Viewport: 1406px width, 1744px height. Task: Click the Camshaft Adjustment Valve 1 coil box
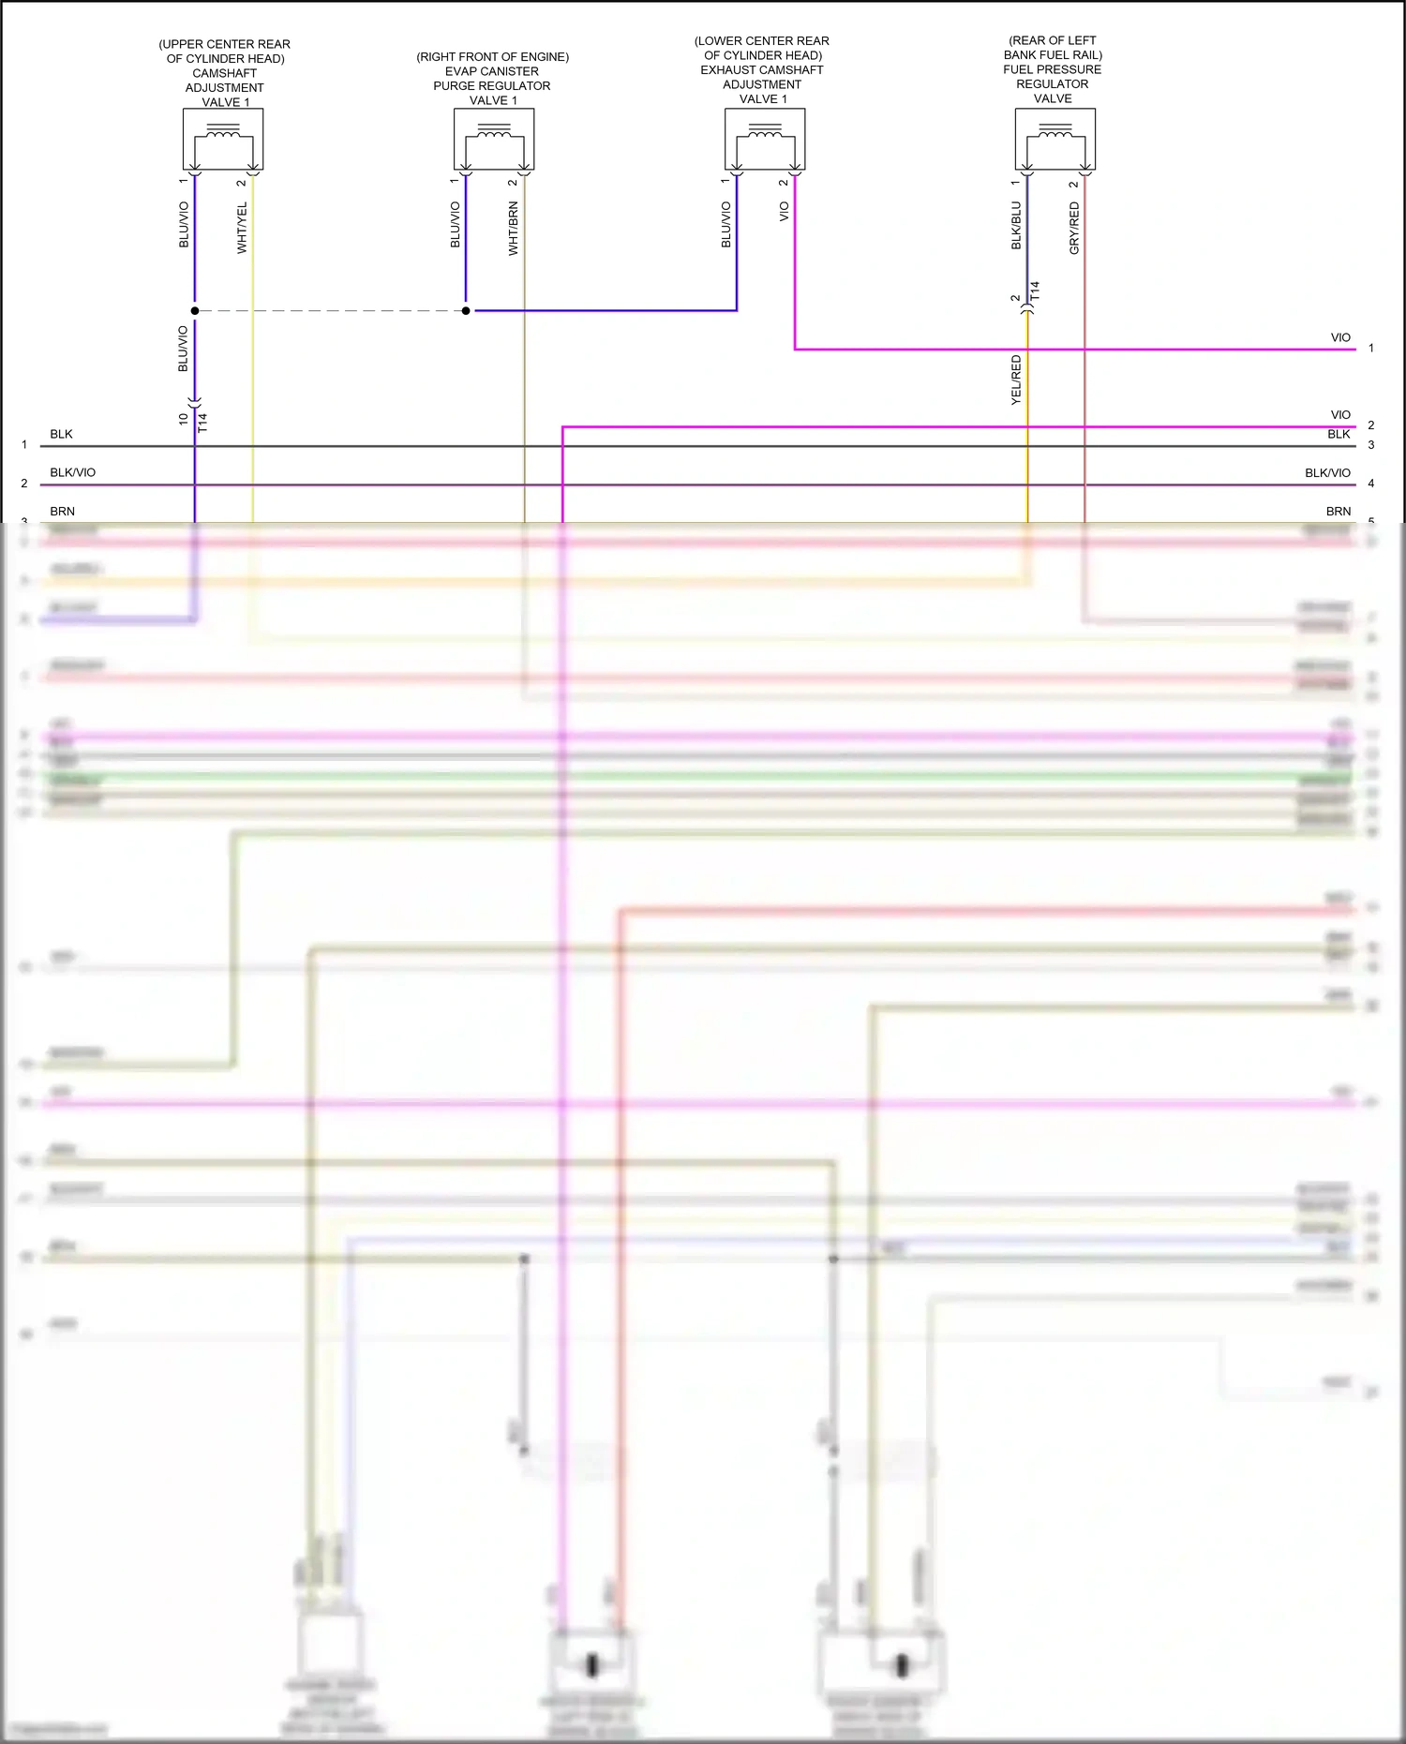(x=223, y=140)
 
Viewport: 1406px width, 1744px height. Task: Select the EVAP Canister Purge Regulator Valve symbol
(x=494, y=140)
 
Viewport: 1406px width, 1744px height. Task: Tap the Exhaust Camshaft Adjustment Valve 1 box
(x=765, y=140)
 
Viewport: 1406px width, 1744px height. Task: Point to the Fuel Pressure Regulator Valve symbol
(x=1055, y=140)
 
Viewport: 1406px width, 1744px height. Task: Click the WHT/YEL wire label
(x=242, y=228)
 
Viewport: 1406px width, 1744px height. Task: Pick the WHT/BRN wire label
(x=513, y=229)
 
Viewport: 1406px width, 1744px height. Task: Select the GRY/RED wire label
(x=1074, y=228)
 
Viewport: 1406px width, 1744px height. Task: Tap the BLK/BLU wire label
(x=1016, y=225)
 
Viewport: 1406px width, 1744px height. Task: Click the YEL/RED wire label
(x=1016, y=380)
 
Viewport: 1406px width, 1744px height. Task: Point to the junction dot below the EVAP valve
(x=466, y=310)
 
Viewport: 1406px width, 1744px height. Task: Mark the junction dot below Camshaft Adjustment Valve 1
(x=195, y=310)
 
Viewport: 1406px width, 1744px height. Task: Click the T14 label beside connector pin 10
(x=202, y=423)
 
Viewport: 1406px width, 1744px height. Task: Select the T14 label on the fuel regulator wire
(x=1035, y=291)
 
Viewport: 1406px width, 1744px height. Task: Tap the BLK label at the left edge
(x=61, y=434)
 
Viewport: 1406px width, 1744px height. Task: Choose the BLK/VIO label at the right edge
(x=1327, y=472)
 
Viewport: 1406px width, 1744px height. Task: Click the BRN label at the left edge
(x=62, y=511)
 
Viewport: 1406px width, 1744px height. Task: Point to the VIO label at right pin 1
(x=1340, y=337)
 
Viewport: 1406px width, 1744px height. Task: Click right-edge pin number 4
(x=1370, y=484)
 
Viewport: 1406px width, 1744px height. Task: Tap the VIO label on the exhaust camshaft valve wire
(x=785, y=212)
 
